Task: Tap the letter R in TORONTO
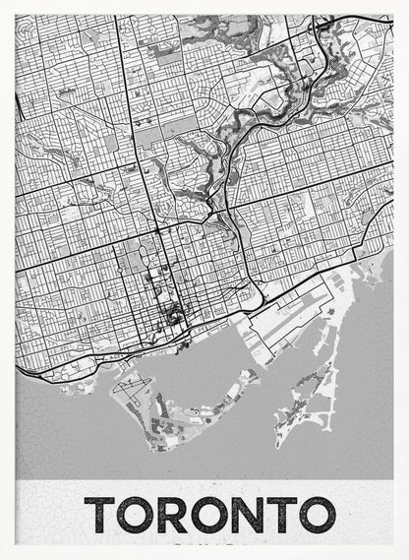[x=175, y=514]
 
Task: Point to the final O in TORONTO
[x=316, y=514]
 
